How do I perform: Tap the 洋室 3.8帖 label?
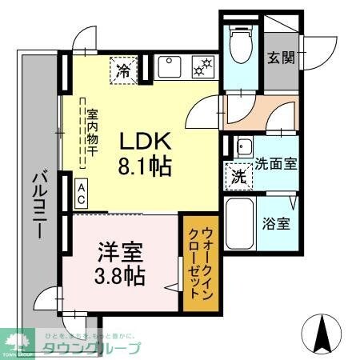click(121, 264)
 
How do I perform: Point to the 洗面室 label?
click(276, 163)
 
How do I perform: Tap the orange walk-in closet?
click(196, 262)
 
